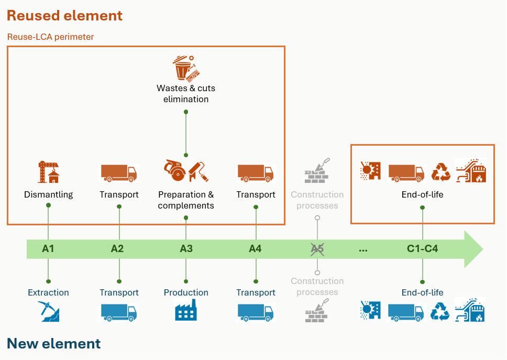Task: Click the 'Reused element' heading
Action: [64, 16]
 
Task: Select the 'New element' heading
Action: [53, 344]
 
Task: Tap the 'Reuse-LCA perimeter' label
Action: [50, 37]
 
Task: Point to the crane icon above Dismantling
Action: [48, 172]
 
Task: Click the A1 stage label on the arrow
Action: [48, 249]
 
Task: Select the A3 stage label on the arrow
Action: [186, 249]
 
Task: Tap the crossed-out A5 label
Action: [317, 249]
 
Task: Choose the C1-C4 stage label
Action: [422, 249]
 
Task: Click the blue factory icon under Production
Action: [185, 311]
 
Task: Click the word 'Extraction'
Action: [48, 292]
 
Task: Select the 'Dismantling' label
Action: [48, 195]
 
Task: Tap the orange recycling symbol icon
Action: [440, 172]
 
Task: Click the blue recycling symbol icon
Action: [440, 311]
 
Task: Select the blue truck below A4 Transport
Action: [256, 312]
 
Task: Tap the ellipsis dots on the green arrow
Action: [363, 250]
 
